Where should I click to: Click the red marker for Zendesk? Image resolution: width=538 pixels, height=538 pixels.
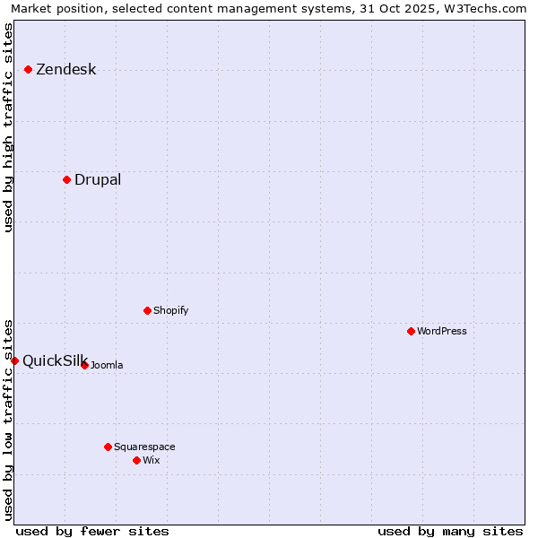click(x=29, y=69)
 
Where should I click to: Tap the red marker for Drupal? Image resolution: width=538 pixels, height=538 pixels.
click(x=67, y=179)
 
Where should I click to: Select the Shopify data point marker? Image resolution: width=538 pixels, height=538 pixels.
click(x=147, y=310)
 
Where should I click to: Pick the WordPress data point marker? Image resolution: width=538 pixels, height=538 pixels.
click(x=411, y=331)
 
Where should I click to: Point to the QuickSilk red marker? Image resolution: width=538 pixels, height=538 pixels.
click(x=15, y=360)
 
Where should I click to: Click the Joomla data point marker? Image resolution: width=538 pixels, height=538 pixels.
click(x=85, y=365)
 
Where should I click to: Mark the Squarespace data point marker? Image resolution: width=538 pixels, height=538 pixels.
click(x=108, y=447)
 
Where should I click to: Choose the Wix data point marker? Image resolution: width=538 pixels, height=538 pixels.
click(x=136, y=460)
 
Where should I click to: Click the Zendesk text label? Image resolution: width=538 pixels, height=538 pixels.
click(x=65, y=70)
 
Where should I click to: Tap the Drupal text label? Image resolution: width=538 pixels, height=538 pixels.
click(x=98, y=179)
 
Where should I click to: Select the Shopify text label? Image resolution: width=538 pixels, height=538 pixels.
click(x=170, y=310)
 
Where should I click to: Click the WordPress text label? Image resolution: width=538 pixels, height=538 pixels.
click(x=441, y=331)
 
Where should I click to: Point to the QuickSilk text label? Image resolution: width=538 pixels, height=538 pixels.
click(x=54, y=361)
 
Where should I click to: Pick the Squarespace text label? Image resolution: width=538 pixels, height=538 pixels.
click(x=144, y=447)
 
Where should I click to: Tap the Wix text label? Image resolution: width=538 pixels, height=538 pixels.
click(x=151, y=460)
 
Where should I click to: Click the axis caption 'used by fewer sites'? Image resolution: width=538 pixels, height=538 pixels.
click(x=92, y=531)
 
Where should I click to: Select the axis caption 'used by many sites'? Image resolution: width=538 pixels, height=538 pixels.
click(x=450, y=531)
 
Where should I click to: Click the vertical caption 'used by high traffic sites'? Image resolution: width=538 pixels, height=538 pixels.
click(x=9, y=127)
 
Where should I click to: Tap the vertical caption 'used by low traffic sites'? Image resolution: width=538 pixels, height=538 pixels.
click(x=9, y=420)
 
